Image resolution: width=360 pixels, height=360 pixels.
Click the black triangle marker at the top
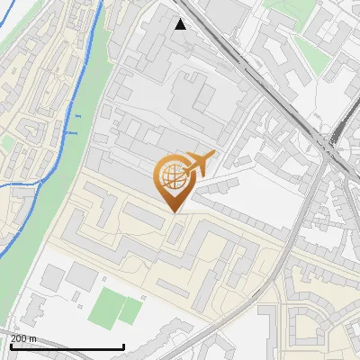(181, 24)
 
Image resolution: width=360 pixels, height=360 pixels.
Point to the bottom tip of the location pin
(176, 212)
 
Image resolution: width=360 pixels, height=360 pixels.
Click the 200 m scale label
(23, 338)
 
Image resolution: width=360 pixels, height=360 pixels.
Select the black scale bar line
(67, 347)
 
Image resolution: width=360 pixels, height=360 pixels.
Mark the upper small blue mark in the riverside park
(77, 116)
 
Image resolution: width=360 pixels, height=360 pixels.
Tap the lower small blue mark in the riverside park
(67, 131)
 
